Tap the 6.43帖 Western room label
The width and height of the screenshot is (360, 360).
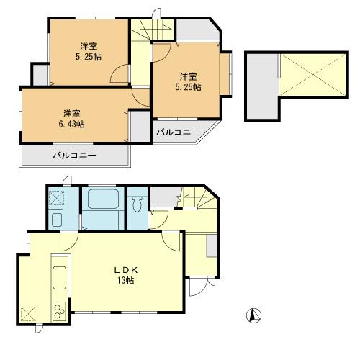pyautogui.click(x=71, y=119)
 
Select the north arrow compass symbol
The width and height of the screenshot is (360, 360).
pyautogui.click(x=253, y=315)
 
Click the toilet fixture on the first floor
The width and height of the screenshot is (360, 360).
pyautogui.click(x=136, y=205)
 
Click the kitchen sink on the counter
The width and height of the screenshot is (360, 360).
pyautogui.click(x=58, y=276)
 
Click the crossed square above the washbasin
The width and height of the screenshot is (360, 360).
pyautogui.click(x=56, y=197)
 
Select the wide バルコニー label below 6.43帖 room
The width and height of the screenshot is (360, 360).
pyautogui.click(x=73, y=156)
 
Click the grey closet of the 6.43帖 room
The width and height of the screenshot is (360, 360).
pyautogui.click(x=139, y=125)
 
